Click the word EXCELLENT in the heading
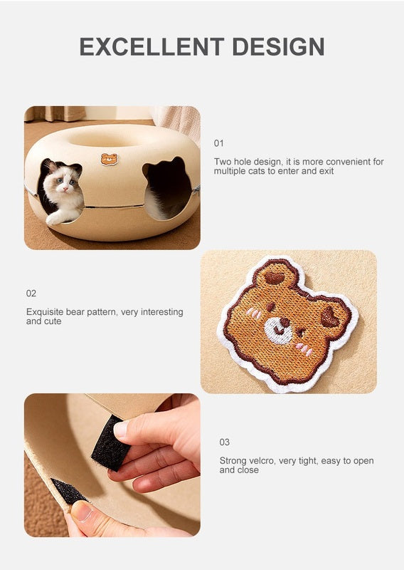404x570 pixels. click(x=151, y=46)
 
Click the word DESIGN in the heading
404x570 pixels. click(x=278, y=46)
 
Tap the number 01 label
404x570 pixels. click(x=218, y=143)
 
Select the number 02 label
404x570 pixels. click(x=31, y=294)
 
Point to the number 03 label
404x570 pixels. click(x=224, y=442)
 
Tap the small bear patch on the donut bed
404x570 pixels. click(x=110, y=159)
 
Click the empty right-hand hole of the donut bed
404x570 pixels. click(x=167, y=189)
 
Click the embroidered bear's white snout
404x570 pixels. click(x=278, y=329)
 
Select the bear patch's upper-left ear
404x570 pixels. click(x=274, y=276)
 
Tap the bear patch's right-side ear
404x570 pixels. click(x=332, y=317)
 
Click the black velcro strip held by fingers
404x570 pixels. click(x=110, y=442)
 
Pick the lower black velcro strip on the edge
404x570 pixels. click(x=68, y=491)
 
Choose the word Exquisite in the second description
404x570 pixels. click(x=45, y=312)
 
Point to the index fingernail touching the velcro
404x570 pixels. click(x=120, y=429)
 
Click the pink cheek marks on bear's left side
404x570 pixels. click(x=254, y=313)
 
